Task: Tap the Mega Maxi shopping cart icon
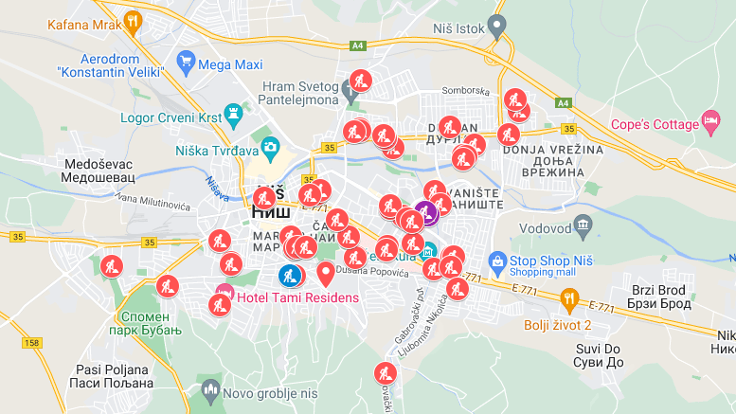(186, 63)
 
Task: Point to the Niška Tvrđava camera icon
(270, 148)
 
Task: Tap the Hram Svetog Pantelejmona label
(300, 93)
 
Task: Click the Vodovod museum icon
(583, 225)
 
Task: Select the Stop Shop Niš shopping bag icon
(496, 260)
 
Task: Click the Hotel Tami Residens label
(297, 298)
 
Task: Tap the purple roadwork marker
(425, 211)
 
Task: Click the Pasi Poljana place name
(111, 376)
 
